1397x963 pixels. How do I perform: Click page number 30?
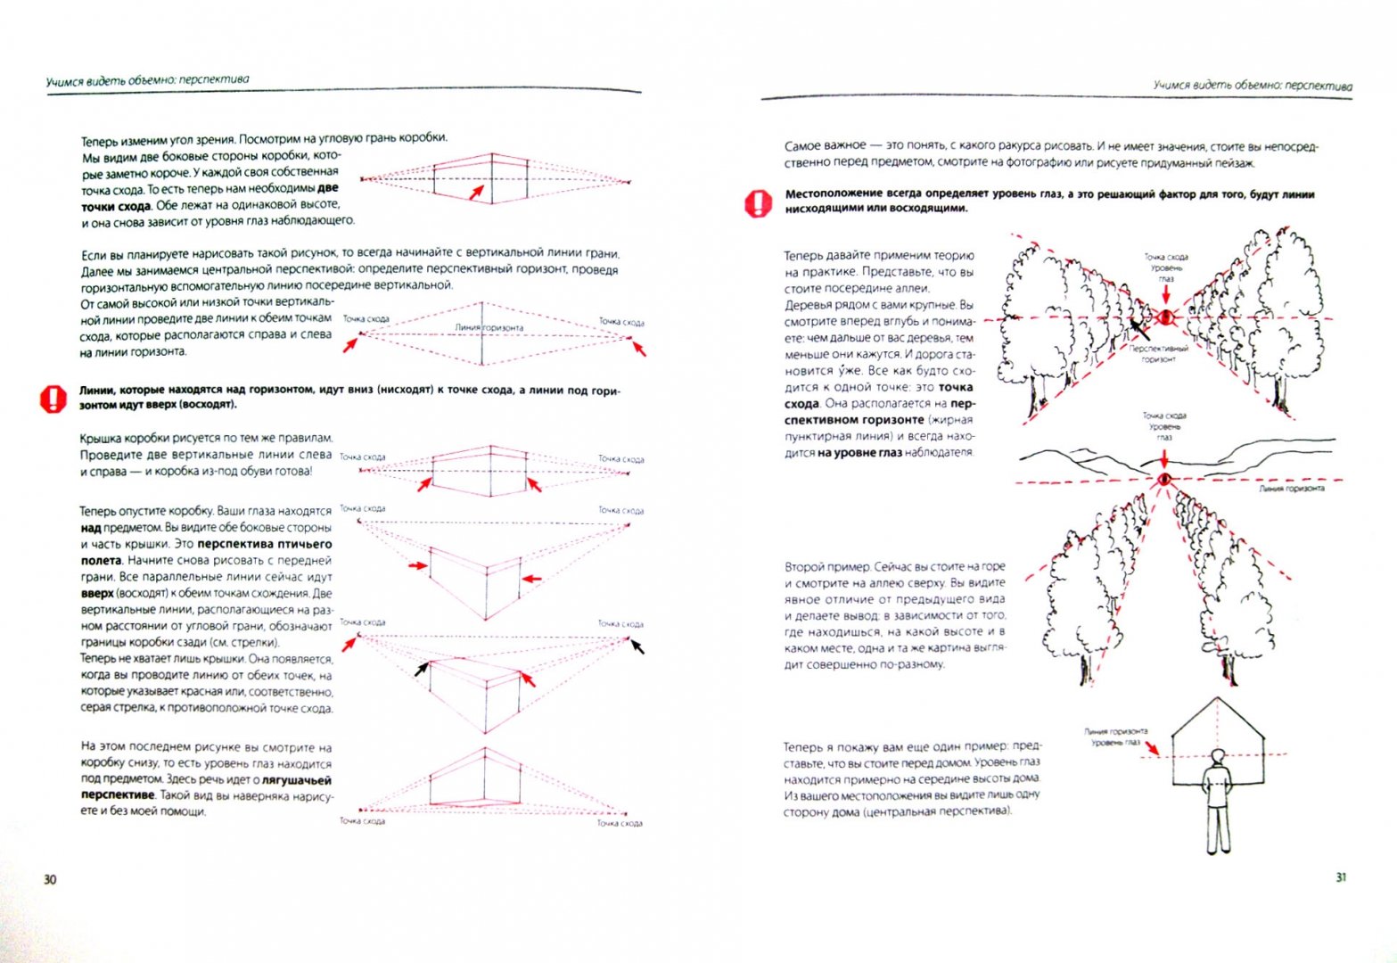coord(50,880)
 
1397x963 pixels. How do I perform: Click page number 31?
coord(1341,877)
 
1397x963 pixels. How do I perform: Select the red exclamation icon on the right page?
coord(756,203)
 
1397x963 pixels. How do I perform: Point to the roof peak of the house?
coord(1216,698)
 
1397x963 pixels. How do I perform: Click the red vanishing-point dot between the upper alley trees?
coord(1165,317)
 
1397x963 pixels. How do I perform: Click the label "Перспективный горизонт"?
coord(1158,354)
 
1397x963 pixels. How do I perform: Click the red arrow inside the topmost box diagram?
coord(478,190)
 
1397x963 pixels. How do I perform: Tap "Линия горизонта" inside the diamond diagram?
coord(489,327)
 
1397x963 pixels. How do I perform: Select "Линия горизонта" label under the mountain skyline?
coord(1291,489)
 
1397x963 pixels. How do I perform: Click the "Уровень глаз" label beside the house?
coord(1115,742)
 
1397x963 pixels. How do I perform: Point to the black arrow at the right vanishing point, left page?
coord(637,646)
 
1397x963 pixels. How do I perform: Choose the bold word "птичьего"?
coord(303,544)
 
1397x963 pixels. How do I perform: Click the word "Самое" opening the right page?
coord(806,145)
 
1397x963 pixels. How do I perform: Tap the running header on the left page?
coord(148,80)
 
